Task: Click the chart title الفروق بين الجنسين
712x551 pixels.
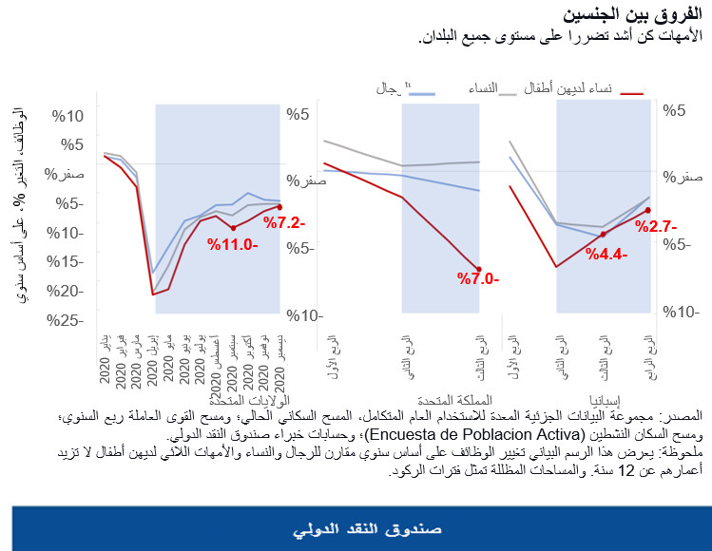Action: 628,15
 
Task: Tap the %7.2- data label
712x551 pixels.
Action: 283,223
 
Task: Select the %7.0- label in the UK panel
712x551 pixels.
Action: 477,279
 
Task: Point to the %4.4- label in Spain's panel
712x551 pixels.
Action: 606,254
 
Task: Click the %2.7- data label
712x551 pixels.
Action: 656,227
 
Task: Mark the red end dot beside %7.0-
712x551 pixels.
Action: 478,270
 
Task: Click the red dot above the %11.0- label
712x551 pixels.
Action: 233,228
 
